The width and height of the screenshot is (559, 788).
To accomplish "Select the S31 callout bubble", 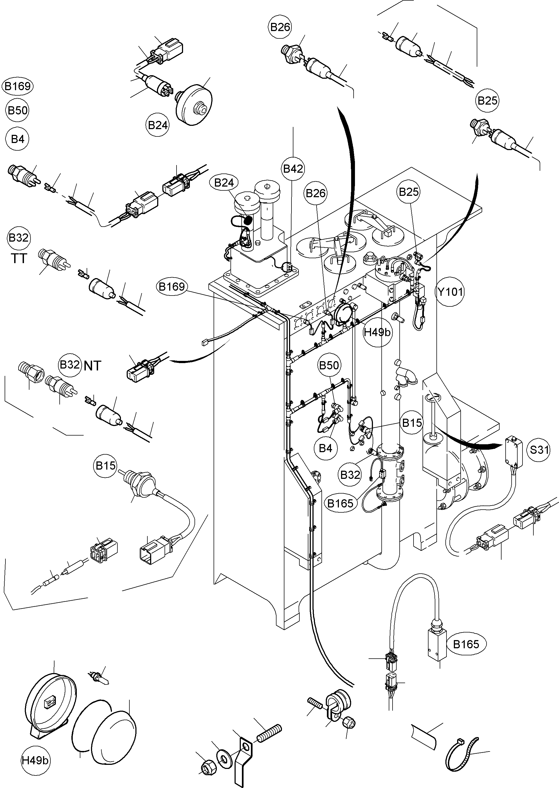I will coord(539,449).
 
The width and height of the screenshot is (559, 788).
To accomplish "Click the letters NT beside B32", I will coord(92,366).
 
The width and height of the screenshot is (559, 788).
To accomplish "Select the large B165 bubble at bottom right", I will coord(466,644).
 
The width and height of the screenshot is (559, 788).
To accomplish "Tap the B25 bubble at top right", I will coord(488,101).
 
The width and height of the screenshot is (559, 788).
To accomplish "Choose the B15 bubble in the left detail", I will coord(105,466).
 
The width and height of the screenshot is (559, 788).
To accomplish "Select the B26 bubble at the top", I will coord(280,27).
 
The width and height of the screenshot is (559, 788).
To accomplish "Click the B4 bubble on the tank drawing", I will coord(325,448).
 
